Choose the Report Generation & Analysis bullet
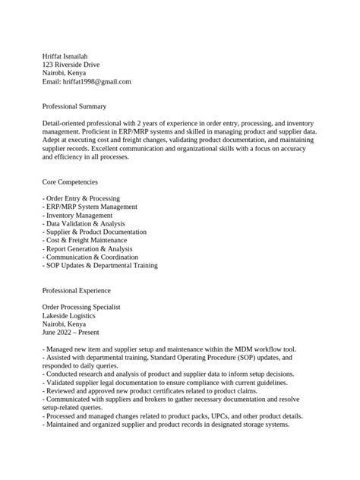pos(88,248)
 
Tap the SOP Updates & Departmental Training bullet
pos(101,265)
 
